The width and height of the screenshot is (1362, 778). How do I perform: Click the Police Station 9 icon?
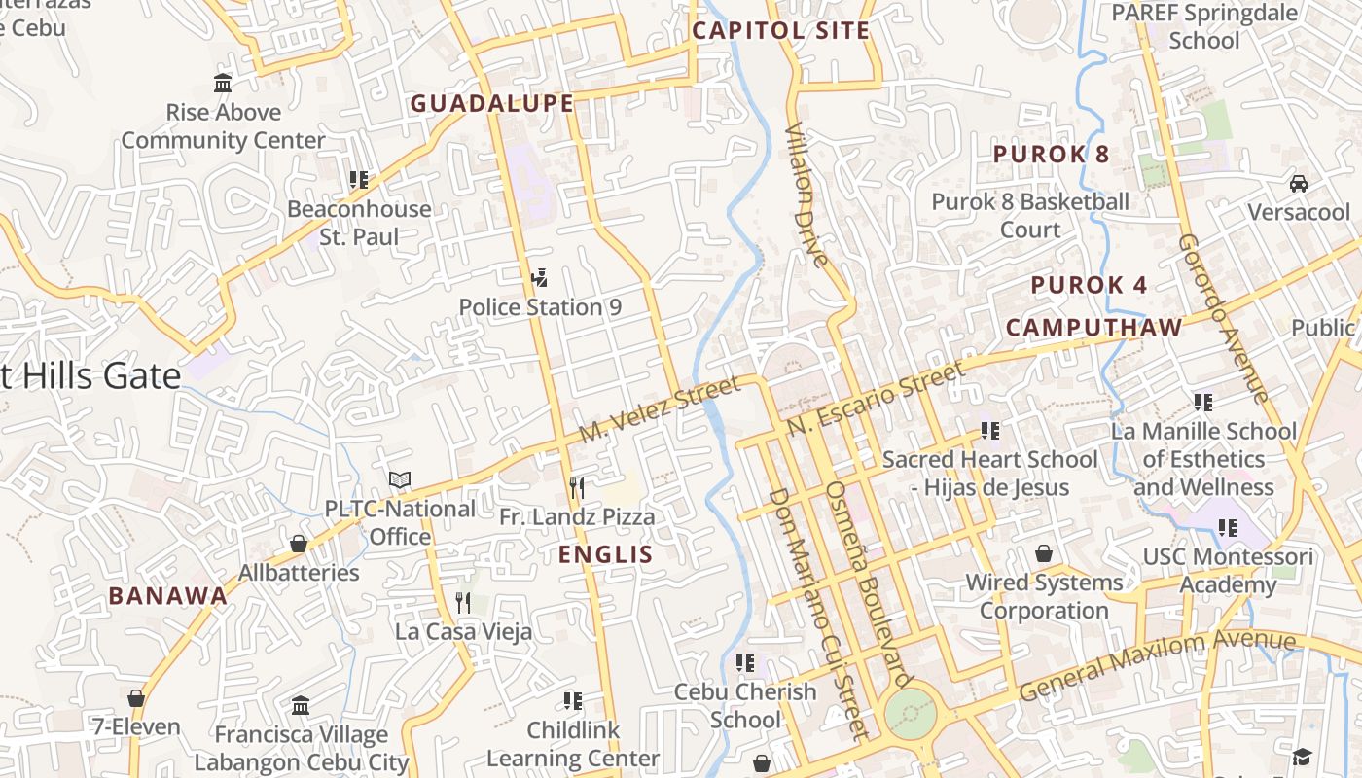539,279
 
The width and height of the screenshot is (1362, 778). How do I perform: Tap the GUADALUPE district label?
491,103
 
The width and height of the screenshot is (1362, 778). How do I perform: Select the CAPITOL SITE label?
780,30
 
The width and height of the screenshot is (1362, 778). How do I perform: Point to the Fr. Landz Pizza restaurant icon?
577,487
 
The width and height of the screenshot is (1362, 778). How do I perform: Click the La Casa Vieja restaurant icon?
463,603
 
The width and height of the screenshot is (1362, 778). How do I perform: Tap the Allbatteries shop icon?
299,544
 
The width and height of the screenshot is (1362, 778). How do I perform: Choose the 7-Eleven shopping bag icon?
136,698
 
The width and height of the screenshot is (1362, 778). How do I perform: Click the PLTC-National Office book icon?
400,479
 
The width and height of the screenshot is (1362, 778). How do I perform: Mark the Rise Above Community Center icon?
223,84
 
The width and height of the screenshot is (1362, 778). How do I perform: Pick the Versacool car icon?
1298,183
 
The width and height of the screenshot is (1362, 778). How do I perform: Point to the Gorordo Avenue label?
1223,317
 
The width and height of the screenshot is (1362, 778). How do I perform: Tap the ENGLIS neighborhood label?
605,554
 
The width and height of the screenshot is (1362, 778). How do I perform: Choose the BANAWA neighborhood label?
167,596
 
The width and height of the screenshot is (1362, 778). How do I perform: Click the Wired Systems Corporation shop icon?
1044,553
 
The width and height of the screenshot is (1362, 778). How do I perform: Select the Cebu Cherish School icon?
745,663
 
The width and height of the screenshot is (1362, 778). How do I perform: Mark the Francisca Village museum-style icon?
301,705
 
